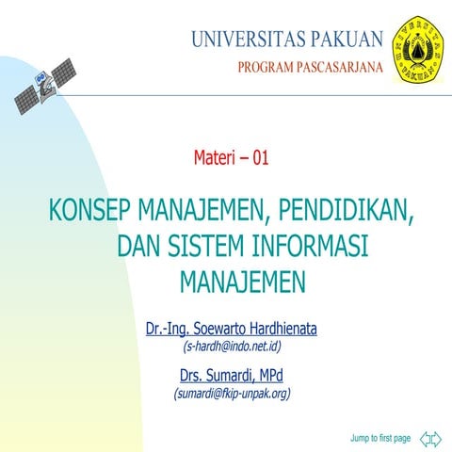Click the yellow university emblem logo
click(x=419, y=47)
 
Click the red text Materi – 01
click(x=231, y=158)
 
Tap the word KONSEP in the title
click(x=90, y=209)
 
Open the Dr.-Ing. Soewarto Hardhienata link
click(x=231, y=330)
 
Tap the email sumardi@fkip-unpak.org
click(x=231, y=394)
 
